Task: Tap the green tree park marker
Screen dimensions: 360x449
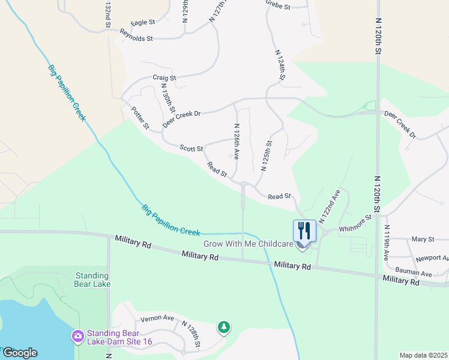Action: pos(223,326)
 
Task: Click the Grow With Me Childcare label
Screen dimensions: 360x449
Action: pos(249,244)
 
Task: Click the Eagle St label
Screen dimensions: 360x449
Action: pos(143,22)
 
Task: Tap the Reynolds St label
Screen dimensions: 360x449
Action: pos(137,38)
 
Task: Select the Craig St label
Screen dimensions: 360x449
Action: pos(164,77)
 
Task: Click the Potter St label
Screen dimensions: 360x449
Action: pos(140,118)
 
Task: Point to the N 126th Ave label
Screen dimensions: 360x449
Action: pos(237,142)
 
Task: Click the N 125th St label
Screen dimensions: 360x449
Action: pos(267,156)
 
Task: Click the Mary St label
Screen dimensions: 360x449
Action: pos(423,239)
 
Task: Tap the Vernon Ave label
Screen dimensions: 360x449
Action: pos(157,318)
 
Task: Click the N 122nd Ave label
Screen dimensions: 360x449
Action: pos(330,206)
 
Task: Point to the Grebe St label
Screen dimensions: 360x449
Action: pos(278,7)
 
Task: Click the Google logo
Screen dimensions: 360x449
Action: pos(20,353)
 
